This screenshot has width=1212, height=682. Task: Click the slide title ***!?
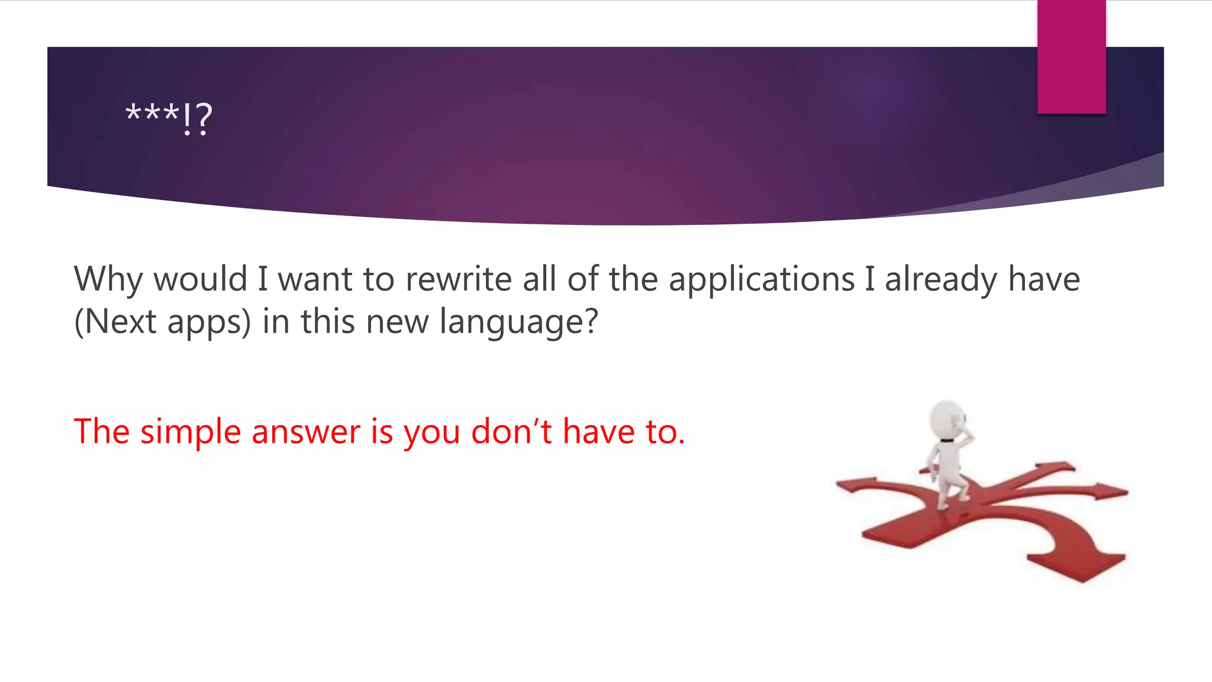(169, 117)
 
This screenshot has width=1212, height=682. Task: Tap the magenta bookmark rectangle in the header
(1071, 57)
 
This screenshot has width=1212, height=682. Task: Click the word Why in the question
(108, 279)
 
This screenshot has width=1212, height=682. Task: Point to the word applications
(762, 279)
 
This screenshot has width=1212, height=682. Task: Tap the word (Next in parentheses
(115, 322)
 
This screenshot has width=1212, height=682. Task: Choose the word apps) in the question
(209, 322)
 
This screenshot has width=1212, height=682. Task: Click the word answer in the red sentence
(305, 432)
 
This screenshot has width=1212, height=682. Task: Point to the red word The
(101, 432)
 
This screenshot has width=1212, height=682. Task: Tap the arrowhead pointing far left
(852, 485)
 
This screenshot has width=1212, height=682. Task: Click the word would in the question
(200, 279)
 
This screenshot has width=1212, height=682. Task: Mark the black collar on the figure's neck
(946, 440)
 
